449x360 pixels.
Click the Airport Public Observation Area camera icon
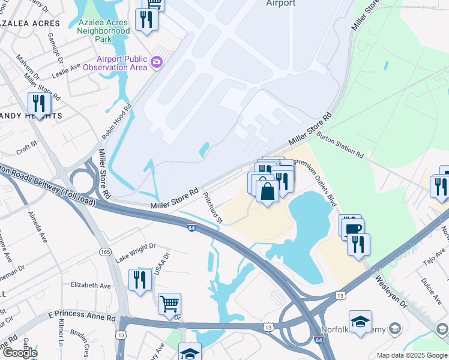point(157,62)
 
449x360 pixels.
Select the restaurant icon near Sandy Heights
point(39,104)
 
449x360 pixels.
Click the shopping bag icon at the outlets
point(267,191)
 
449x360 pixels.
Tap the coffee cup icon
point(352,227)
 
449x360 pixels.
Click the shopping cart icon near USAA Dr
point(170,304)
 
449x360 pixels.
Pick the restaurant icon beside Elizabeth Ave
point(140,280)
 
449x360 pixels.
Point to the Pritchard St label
point(212,208)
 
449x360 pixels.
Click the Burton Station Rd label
point(340,146)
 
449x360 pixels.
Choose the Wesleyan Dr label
point(391,290)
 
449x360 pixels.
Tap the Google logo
point(19,352)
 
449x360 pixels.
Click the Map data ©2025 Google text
point(411,355)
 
